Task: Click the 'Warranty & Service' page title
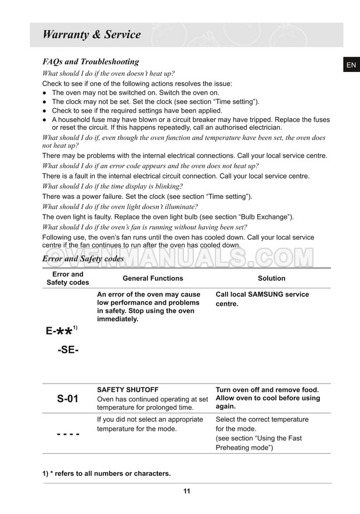(x=92, y=34)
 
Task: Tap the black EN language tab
(x=351, y=65)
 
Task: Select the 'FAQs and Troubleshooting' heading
(x=91, y=61)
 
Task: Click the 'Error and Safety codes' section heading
(x=83, y=259)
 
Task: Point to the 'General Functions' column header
(x=153, y=278)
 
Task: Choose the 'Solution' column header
(x=271, y=278)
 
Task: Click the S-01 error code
(x=67, y=399)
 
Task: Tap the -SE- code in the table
(x=68, y=350)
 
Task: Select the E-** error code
(x=61, y=331)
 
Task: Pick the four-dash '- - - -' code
(x=67, y=434)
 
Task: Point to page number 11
(x=186, y=491)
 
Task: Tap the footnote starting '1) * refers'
(x=106, y=473)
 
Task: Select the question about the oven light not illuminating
(x=120, y=207)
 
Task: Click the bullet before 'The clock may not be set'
(x=45, y=102)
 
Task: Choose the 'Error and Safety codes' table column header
(x=68, y=278)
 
